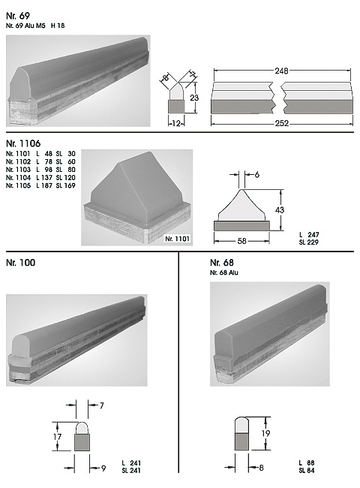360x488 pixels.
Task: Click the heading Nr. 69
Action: [x=18, y=16]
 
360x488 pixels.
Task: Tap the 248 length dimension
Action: [x=281, y=71]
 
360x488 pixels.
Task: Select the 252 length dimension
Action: [x=282, y=124]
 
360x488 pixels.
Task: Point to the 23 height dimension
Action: [x=194, y=98]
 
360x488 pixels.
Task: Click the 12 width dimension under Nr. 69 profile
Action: [x=176, y=124]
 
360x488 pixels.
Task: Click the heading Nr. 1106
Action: [x=23, y=143]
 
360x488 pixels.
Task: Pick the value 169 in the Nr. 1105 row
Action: [x=70, y=185]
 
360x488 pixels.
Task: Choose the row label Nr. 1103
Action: [x=18, y=170]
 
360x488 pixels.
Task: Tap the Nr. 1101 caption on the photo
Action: [x=177, y=239]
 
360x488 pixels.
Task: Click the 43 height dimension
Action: [x=280, y=210]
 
